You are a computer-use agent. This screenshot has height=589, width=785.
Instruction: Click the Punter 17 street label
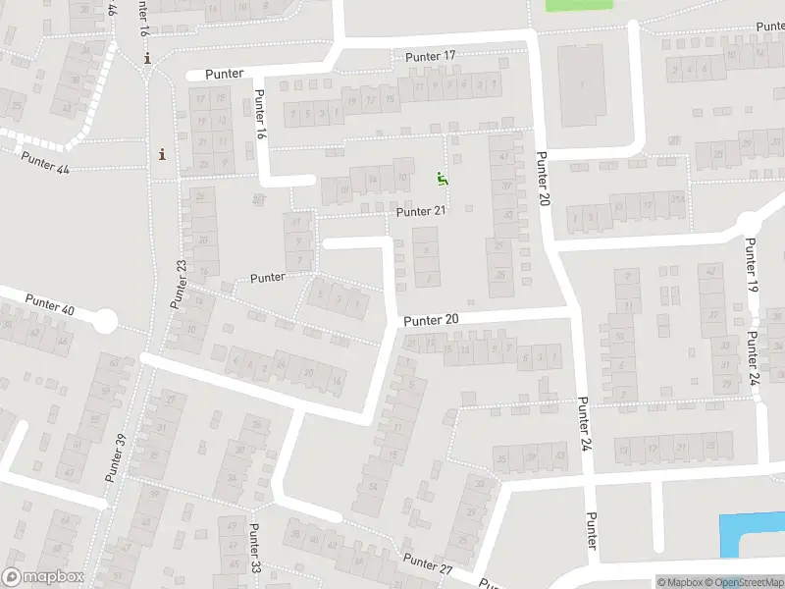point(431,57)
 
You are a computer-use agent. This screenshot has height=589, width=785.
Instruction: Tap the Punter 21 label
point(421,211)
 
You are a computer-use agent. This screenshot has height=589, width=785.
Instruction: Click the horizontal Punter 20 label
point(431,320)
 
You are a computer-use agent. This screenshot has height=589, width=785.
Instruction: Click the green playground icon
point(442,179)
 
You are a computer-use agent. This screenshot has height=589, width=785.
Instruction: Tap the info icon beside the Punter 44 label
point(162,154)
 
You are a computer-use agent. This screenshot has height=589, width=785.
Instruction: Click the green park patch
point(578,4)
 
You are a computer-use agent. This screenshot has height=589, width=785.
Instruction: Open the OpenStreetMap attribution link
point(746,582)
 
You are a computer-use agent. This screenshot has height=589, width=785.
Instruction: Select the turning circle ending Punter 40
point(106,321)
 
